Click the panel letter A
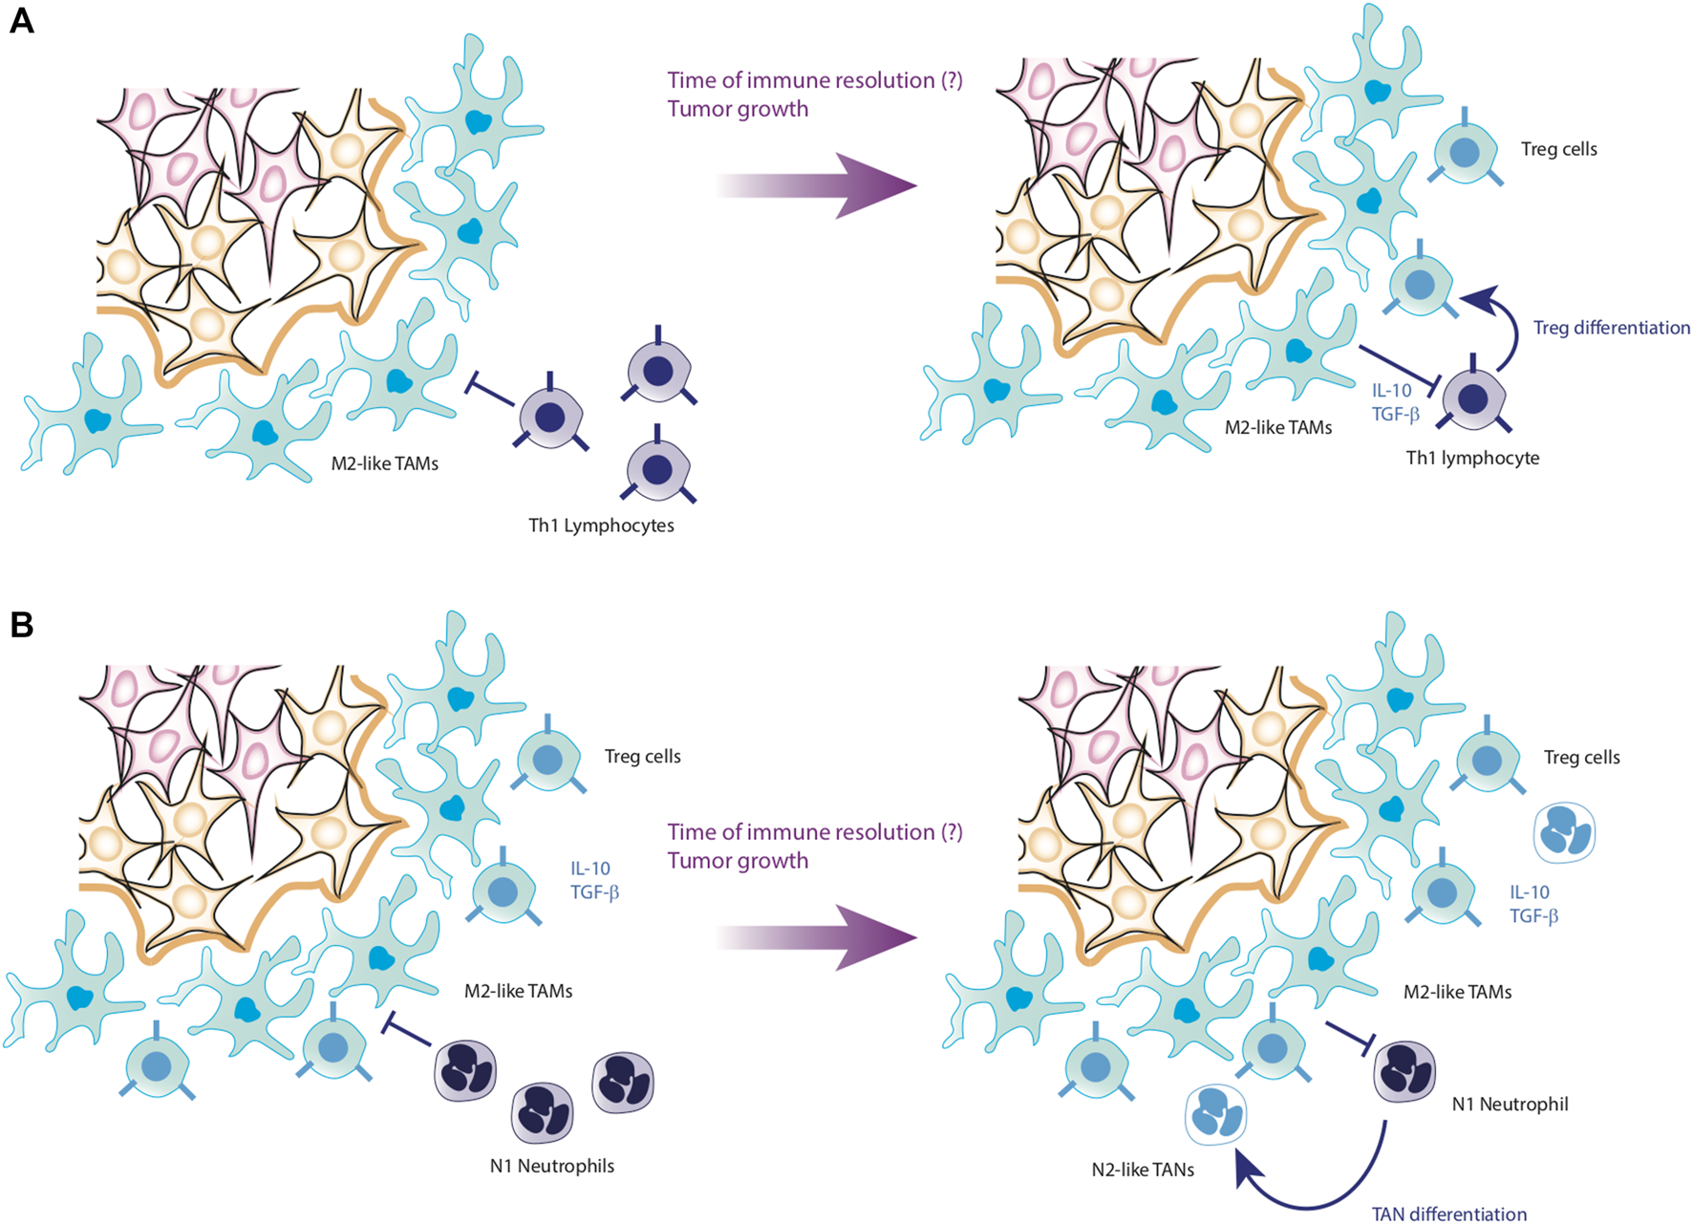tap(21, 20)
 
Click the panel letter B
tap(21, 625)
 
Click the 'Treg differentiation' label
tap(1611, 328)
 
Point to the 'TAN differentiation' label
tap(1448, 1213)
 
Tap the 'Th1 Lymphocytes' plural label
tap(601, 526)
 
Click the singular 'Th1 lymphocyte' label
tap(1472, 458)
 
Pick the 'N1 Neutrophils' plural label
tap(551, 1166)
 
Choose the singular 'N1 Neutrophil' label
tap(1510, 1105)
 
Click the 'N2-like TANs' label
tap(1143, 1170)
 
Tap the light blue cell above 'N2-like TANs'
tap(1215, 1115)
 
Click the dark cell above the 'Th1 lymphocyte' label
tap(1473, 398)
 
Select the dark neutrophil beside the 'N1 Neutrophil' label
tap(1404, 1070)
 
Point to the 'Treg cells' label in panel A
tap(1558, 149)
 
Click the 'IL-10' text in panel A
tap(1391, 391)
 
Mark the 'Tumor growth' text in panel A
tap(738, 109)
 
